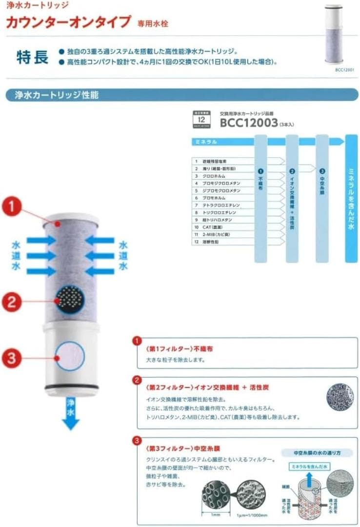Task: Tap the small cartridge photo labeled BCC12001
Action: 334,34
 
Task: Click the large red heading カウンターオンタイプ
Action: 68,22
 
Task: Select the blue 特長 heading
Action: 33,57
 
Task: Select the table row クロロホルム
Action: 215,176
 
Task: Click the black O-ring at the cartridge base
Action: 70,387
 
